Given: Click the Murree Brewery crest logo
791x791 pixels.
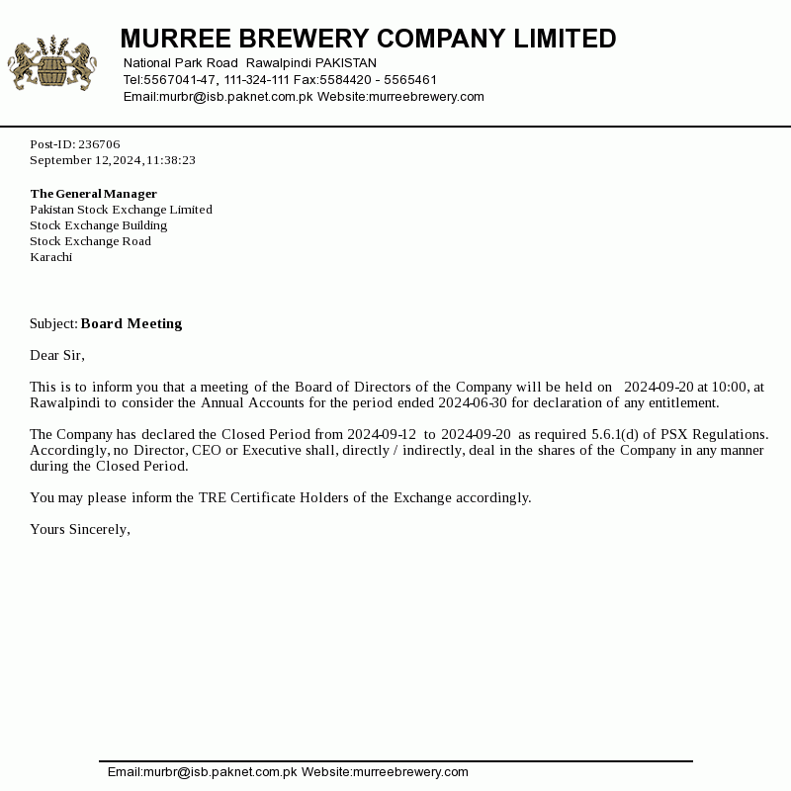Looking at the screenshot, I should tap(52, 64).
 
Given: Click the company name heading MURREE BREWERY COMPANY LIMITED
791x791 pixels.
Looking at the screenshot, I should tap(368, 40).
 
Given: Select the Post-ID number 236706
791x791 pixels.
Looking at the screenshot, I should tap(99, 144).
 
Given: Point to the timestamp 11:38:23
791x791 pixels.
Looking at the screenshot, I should tap(171, 160).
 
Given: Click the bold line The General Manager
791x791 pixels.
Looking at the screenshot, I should tap(94, 194).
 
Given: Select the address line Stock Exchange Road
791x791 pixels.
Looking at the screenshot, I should tap(90, 241).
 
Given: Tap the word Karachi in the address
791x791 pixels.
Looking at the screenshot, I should tap(51, 257).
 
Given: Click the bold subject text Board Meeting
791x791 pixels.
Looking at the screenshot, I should tap(132, 324).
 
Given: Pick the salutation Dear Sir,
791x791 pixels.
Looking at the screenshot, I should tap(57, 356).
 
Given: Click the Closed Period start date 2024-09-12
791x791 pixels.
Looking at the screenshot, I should tap(382, 435).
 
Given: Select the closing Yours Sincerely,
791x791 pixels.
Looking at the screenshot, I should tap(80, 530).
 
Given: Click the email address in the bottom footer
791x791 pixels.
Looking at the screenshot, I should tap(202, 772).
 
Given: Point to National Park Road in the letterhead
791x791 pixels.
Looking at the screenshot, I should tap(181, 63).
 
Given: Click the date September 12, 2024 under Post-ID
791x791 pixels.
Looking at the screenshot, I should tap(86, 160).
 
